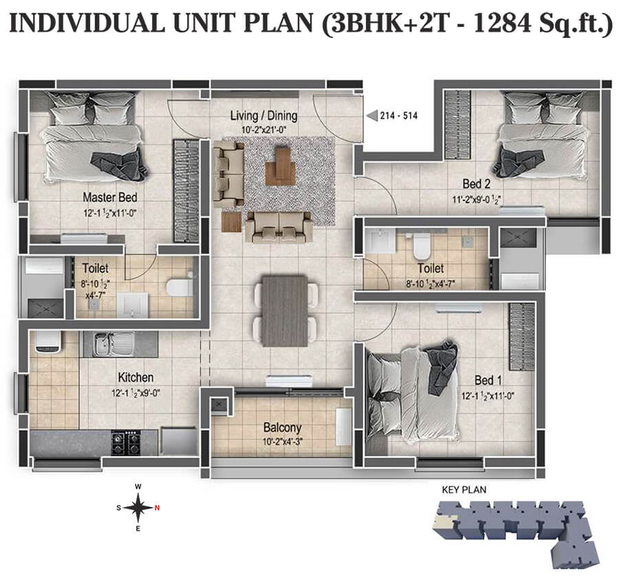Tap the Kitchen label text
pyautogui.click(x=135, y=378)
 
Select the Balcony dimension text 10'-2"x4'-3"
pyautogui.click(x=283, y=442)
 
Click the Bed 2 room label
pyautogui.click(x=476, y=184)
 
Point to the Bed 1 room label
pyautogui.click(x=488, y=380)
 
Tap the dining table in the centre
pyautogui.click(x=285, y=310)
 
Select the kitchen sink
pyautogui.click(x=110, y=342)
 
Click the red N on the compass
pyautogui.click(x=157, y=509)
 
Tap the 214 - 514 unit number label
pyautogui.click(x=398, y=116)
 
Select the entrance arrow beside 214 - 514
pyautogui.click(x=371, y=116)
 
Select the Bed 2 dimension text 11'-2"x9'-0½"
pyautogui.click(x=475, y=200)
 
